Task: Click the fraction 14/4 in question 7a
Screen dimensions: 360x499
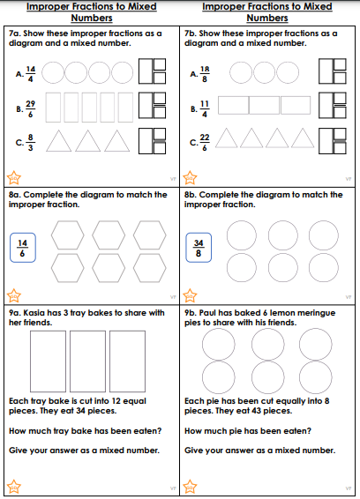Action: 31,74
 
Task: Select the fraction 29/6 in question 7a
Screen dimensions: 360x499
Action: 31,109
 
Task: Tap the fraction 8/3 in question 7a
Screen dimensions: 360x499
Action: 30,142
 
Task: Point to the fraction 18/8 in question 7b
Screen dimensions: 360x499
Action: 205,74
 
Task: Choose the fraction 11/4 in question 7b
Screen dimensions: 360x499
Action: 205,109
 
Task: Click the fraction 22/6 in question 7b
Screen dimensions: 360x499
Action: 205,142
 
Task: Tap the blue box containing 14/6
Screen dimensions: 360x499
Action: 23,248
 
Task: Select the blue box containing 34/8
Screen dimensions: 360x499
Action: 199,248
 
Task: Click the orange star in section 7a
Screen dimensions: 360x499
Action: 14,177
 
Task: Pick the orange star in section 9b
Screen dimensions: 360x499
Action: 190,487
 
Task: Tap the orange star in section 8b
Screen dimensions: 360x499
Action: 190,295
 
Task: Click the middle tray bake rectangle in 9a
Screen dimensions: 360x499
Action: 87,361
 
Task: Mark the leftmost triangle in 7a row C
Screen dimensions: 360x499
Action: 58,141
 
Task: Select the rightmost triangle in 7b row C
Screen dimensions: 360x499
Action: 303,138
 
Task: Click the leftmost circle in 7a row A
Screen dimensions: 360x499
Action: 53,72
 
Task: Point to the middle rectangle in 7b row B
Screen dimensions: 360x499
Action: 264,105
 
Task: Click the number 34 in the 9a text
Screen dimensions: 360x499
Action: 80,411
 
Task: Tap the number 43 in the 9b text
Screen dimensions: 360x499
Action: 256,411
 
